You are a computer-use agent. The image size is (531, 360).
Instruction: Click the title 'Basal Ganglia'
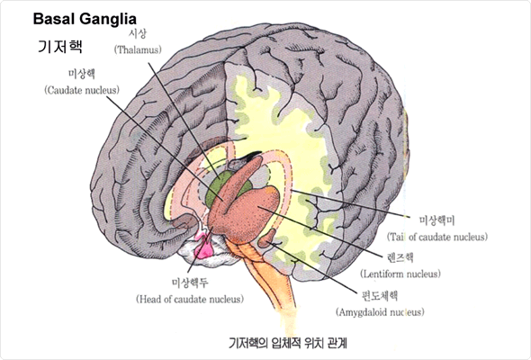pyautogui.click(x=85, y=19)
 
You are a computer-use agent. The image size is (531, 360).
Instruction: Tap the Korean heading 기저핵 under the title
pyautogui.click(x=60, y=46)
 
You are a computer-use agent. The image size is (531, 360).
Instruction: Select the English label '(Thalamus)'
pyautogui.click(x=138, y=50)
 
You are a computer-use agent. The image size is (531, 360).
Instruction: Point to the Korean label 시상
pyautogui.click(x=138, y=34)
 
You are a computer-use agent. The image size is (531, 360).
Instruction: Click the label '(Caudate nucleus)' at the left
pyautogui.click(x=82, y=90)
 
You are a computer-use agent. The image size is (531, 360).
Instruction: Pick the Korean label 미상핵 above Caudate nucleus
pyautogui.click(x=82, y=74)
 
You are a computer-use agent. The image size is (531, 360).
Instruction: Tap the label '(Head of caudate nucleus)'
pyautogui.click(x=190, y=300)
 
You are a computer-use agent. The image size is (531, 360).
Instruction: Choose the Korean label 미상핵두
pyautogui.click(x=190, y=283)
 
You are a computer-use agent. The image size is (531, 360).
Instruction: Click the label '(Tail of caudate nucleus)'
pyautogui.click(x=437, y=237)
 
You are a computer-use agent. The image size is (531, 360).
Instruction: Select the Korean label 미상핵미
pyautogui.click(x=436, y=220)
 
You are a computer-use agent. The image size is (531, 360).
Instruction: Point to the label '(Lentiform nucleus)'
pyautogui.click(x=400, y=274)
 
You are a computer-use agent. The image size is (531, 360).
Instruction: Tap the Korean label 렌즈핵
pyautogui.click(x=400, y=257)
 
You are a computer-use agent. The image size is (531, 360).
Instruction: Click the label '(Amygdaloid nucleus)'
pyautogui.click(x=380, y=312)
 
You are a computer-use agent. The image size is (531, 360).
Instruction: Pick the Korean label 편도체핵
pyautogui.click(x=380, y=296)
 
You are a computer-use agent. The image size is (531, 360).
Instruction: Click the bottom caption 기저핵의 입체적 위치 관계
pyautogui.click(x=288, y=344)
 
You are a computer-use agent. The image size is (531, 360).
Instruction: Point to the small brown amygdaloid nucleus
pyautogui.click(x=267, y=238)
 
